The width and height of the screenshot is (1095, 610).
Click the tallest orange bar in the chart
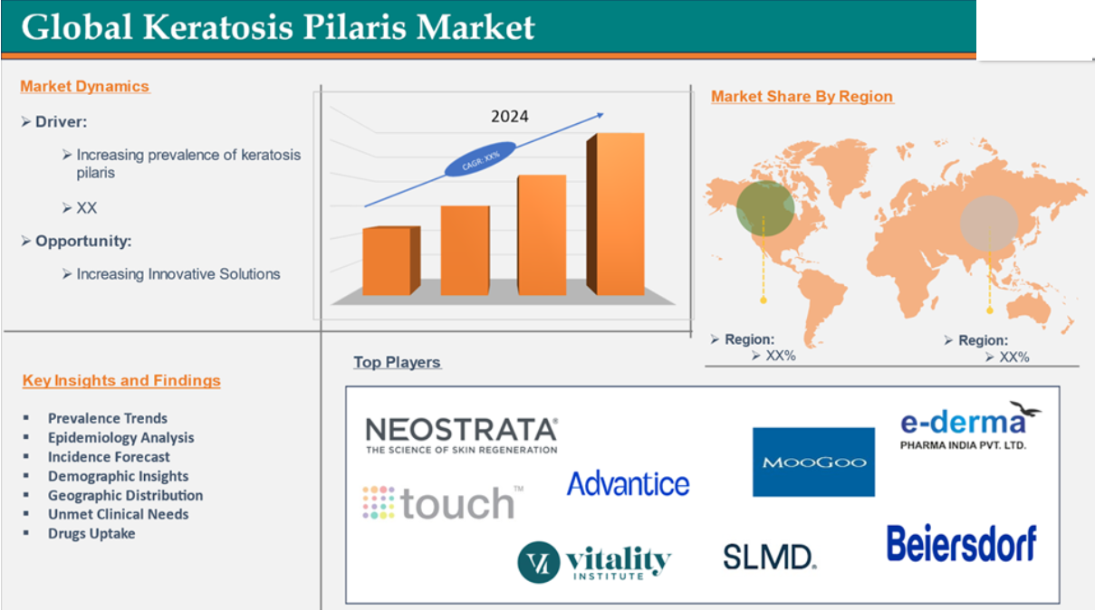616,214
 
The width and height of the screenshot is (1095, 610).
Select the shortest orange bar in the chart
391,261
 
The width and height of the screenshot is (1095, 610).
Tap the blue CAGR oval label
480,158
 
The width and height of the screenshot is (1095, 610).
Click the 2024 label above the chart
509,116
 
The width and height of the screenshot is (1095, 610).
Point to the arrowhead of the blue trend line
600,115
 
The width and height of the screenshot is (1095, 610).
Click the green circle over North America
765,208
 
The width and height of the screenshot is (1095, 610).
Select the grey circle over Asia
989,224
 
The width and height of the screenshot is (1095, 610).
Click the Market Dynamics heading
84,87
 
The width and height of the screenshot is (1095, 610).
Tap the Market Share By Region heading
802,97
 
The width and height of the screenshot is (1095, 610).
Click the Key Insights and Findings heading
121,380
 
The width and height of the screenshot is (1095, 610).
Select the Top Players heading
397,362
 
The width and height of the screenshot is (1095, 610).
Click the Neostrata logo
462,435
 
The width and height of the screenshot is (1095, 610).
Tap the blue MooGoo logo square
813,462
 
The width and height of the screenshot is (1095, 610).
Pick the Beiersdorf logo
962,544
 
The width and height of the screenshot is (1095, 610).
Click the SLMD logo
770,558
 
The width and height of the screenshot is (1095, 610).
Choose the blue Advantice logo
629,484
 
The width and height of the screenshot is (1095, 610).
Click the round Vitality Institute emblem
539,562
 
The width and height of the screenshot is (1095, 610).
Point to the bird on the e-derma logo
1025,409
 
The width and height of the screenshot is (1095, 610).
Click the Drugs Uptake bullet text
91,534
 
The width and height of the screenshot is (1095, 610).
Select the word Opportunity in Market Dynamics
82,241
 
